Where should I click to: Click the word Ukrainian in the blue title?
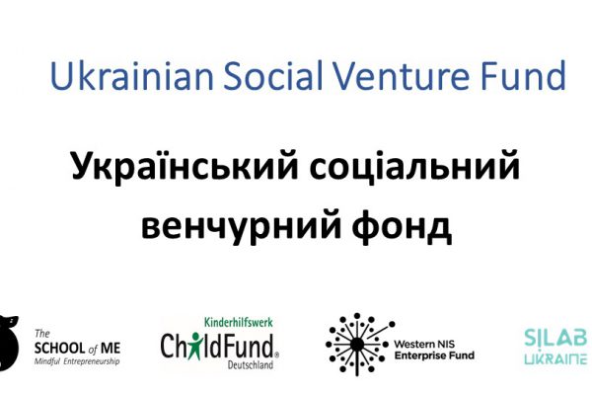coord(132,75)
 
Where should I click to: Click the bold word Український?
coord(185,166)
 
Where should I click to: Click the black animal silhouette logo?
coord(8,342)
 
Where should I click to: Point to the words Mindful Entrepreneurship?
coord(77,361)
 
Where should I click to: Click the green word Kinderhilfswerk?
coord(238,323)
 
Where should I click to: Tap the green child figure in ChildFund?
coord(195,346)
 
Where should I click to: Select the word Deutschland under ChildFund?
coord(251,365)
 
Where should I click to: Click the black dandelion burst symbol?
coord(357,345)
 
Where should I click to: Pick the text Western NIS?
coord(424,344)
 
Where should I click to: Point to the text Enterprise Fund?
coord(434,355)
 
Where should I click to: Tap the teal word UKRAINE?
coord(555,359)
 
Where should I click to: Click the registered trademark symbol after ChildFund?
coord(276,355)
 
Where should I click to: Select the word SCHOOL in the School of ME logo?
coord(59,348)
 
